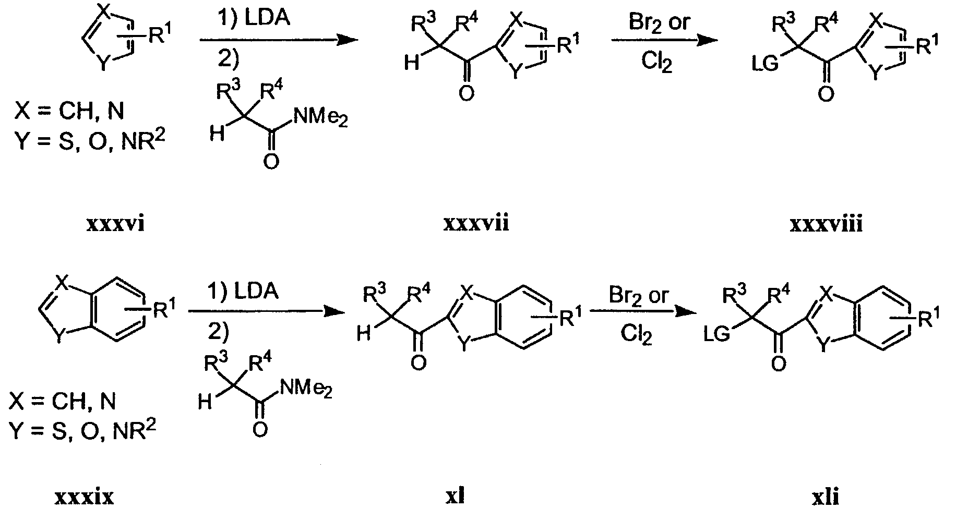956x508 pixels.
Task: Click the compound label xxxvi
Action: (115, 224)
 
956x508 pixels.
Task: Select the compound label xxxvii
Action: (476, 224)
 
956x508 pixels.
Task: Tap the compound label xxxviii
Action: (826, 224)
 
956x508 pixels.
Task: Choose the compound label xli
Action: (826, 496)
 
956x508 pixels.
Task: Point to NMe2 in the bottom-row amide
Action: (306, 389)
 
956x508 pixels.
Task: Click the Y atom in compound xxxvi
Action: (105, 63)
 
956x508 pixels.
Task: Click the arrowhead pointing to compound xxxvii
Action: (342, 40)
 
